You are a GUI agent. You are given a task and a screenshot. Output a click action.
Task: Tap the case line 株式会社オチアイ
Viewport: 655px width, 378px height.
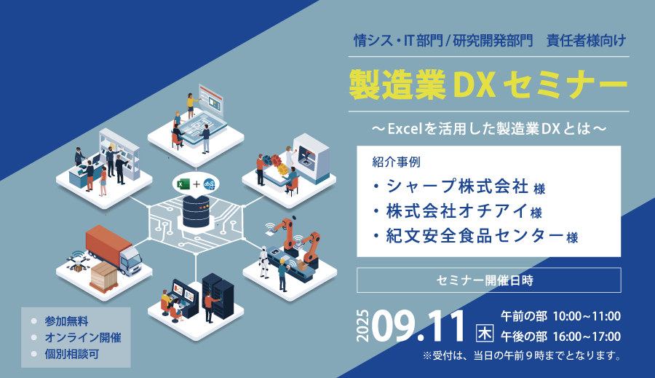[x=458, y=211]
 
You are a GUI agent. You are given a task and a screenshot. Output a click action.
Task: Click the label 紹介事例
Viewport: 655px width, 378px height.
[x=396, y=162]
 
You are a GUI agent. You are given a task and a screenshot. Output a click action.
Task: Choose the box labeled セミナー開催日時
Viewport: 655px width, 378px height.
[x=489, y=280]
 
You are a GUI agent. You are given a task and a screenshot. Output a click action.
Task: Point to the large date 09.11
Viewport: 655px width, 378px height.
[x=418, y=326]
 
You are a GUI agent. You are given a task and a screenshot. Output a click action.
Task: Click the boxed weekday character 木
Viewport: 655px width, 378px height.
[x=485, y=334]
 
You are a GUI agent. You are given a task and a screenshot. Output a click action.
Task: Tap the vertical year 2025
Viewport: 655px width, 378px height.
[x=363, y=326]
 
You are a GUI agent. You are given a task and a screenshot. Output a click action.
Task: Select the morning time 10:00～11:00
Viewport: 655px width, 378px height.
[x=587, y=316]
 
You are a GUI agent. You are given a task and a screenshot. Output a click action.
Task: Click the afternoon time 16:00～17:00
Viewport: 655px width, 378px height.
[x=587, y=336]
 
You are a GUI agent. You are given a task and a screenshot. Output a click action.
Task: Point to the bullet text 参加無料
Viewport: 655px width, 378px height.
[x=66, y=321]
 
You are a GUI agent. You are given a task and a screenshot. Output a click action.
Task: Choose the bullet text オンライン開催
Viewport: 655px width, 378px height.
[x=83, y=337]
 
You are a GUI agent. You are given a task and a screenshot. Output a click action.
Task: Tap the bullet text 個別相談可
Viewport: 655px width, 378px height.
[x=72, y=354]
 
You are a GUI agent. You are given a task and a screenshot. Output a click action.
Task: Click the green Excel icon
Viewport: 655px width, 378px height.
[x=183, y=184]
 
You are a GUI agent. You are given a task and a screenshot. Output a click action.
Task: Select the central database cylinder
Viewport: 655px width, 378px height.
[x=196, y=211]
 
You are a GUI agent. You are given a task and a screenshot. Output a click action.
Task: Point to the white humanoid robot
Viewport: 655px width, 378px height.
[x=264, y=261]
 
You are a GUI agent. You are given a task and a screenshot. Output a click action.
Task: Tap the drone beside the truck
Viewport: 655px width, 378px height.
[x=77, y=261]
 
